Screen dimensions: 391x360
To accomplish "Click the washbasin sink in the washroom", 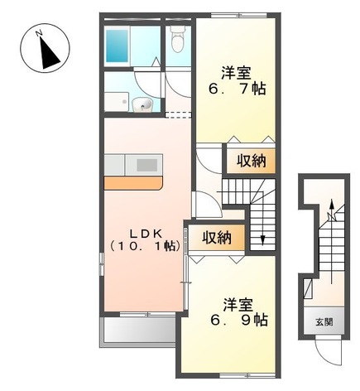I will [x=142, y=104].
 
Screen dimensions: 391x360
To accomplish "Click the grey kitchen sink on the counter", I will [x=146, y=164].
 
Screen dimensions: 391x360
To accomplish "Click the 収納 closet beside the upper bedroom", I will [x=249, y=161].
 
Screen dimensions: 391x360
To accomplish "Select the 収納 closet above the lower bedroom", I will [x=218, y=237].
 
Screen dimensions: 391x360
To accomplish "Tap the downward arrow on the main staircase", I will [x=262, y=239].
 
